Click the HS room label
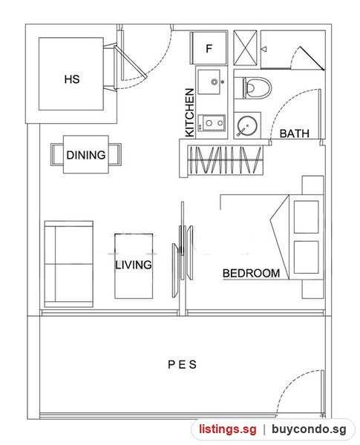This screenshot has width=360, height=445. pos(72,79)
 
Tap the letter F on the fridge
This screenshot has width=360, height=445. pos(209,48)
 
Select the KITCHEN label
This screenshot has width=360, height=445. pos(189,113)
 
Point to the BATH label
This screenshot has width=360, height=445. pos(295,133)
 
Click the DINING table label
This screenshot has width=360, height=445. pos(86,155)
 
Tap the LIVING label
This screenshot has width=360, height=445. pos(134,265)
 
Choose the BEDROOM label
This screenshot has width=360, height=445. pos(251,273)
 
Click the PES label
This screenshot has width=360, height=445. pos(182,364)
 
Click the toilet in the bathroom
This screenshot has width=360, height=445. pos(257,88)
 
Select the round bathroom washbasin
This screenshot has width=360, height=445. pos(247,126)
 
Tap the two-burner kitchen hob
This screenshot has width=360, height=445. pos(212,123)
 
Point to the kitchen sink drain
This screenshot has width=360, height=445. pos(215,82)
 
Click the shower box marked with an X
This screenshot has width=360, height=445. pos(245,48)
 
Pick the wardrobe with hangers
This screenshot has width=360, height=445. pos(225,159)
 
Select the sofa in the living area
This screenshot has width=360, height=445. pos(69,264)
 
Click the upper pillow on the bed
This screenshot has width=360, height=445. pos(306,217)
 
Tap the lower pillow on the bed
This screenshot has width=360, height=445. pos(306,257)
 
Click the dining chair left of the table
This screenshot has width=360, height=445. pos(57,154)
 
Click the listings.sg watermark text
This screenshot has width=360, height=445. pos(228,429)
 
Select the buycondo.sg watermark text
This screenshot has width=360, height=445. pos(309,429)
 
